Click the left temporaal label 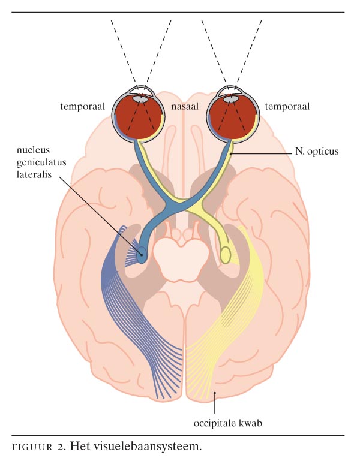tap(82, 107)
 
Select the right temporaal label tap(287, 107)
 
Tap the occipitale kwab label tap(229, 423)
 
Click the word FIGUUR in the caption tap(31, 447)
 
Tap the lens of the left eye tap(139, 94)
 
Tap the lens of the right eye tap(230, 94)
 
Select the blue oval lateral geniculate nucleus tap(142, 255)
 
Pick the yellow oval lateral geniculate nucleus tap(226, 255)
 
